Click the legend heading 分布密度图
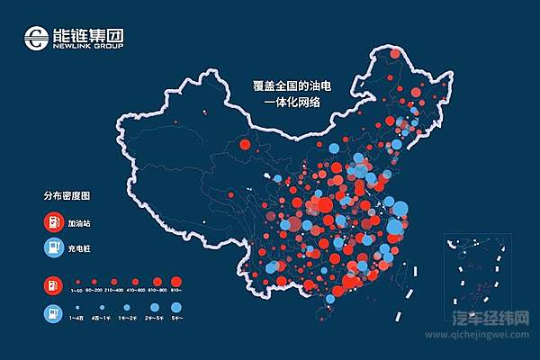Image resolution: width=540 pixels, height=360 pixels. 67,194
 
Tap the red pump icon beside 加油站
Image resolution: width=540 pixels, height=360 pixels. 53,220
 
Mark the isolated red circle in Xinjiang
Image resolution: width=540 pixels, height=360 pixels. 244,143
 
